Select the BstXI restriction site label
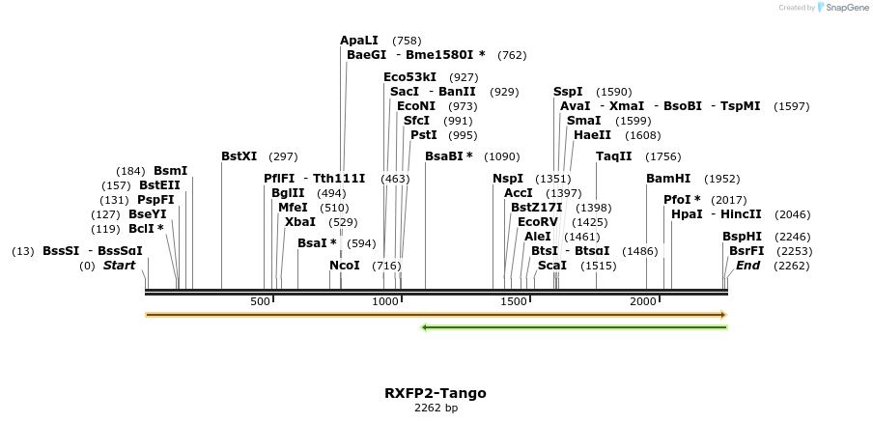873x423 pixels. [239, 155]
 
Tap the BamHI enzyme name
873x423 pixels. [668, 179]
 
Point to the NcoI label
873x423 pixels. [344, 266]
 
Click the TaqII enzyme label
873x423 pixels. [613, 155]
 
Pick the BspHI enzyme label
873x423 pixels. [742, 237]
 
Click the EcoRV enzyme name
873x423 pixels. [538, 222]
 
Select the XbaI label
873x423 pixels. [300, 222]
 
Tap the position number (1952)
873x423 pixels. [722, 179]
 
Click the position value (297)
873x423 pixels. [284, 156]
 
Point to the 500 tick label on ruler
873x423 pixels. [260, 302]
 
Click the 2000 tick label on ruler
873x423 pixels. [643, 302]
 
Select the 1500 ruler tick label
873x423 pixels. [514, 302]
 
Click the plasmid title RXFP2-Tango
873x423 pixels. [436, 393]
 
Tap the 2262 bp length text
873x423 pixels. [436, 408]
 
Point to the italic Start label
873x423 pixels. [120, 266]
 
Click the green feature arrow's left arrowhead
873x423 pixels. [425, 327]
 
